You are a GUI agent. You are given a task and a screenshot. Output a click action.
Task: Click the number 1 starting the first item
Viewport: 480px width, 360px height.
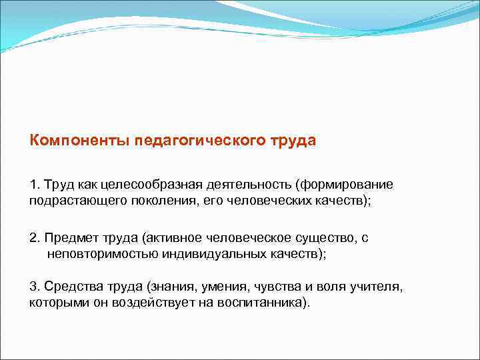pos(33,184)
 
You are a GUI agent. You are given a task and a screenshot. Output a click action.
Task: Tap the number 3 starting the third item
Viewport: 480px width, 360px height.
pos(33,287)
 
